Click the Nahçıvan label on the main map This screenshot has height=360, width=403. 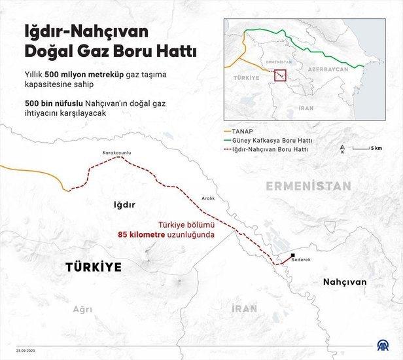[x=343, y=281]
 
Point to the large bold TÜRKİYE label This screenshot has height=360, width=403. [x=93, y=267]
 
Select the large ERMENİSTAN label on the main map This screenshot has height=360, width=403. [x=309, y=186]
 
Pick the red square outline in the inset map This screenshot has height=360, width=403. [x=280, y=76]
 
